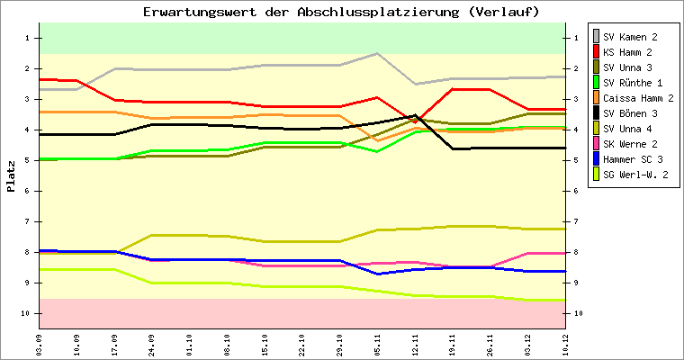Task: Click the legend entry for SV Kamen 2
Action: coord(634,36)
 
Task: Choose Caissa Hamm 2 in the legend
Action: coord(640,97)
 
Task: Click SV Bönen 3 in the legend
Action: coord(634,112)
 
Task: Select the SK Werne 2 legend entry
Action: coord(634,143)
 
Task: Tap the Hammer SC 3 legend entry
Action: coord(637,158)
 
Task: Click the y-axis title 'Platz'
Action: coord(12,176)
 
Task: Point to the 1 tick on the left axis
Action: coord(29,38)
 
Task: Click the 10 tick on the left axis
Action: coord(27,313)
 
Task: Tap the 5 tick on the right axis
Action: coord(574,160)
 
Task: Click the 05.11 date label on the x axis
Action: coord(377,344)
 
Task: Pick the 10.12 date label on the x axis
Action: coord(564,344)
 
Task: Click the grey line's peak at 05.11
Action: coord(377,53)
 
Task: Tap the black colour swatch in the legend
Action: coord(596,112)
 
